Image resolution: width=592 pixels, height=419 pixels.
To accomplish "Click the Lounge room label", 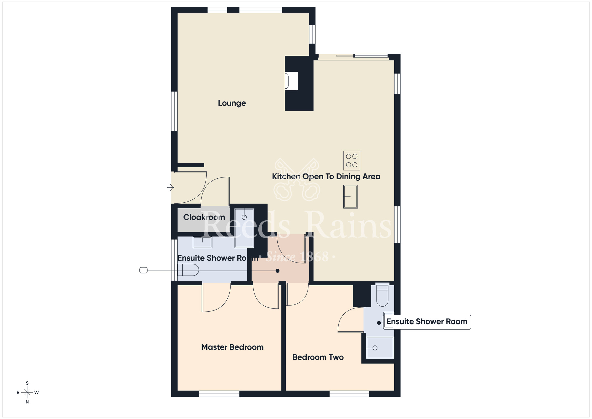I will coord(232,103).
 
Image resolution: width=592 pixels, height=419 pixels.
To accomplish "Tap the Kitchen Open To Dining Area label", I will coord(326,177).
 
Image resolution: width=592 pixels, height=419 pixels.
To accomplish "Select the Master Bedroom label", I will coord(232,347).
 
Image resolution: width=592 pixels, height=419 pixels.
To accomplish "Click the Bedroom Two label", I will coord(318,357).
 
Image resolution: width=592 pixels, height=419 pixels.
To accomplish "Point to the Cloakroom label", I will coord(204,217).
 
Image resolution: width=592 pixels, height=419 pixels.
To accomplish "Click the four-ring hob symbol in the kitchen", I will coord(352,160).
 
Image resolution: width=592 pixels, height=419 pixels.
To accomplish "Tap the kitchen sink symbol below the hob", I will coord(350,197).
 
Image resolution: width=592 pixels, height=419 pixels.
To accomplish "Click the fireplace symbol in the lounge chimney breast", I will coord(291,81).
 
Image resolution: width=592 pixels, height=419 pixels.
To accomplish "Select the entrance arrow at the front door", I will coord(170,188).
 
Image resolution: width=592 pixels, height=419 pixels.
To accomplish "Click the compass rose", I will coord(27,393).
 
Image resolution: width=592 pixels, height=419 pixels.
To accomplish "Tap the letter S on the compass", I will coord(27,383).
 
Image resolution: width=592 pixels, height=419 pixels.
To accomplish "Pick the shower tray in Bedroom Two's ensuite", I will coord(380,348).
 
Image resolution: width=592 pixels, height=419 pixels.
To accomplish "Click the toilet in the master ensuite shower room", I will coord(189,270).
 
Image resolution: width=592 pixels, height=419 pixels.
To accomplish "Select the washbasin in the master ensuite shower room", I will coord(202,242).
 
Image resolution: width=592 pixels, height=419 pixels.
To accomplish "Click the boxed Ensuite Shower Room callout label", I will coord(427,322).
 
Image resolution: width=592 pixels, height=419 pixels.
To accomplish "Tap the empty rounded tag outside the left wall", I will coord(144,270).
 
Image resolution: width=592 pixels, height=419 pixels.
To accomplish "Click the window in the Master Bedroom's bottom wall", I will coord(219,394).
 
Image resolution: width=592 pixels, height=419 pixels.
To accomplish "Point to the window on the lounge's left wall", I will coord(174,111).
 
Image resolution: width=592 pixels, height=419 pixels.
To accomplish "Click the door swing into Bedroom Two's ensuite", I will coord(351,320).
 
